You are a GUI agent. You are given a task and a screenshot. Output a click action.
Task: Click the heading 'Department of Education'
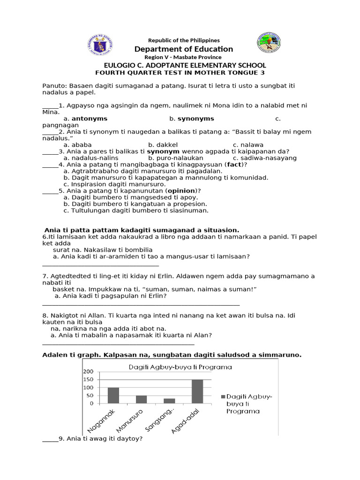183,49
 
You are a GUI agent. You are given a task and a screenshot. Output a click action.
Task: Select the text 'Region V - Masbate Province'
183,57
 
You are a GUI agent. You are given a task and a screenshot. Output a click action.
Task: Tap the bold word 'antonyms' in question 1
89,119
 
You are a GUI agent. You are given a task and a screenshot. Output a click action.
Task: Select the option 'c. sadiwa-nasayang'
264,158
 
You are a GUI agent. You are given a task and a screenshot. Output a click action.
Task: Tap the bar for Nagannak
113,395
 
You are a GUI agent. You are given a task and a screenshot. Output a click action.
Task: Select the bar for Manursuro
141,399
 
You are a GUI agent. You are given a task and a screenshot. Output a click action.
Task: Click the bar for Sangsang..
169,401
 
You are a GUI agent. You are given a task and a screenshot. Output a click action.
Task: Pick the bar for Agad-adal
197,391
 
